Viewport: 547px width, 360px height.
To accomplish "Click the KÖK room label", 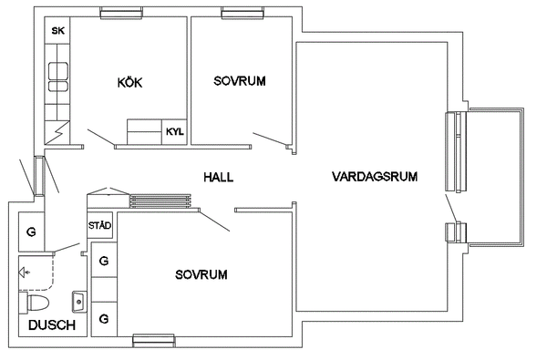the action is pyautogui.click(x=129, y=83).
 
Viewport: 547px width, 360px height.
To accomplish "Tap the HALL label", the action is pyautogui.click(x=219, y=177).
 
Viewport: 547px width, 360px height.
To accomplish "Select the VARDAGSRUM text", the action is pyautogui.click(x=375, y=177).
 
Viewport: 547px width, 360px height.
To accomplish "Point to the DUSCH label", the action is pyautogui.click(x=52, y=325).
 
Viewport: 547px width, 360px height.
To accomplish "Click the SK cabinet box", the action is pyautogui.click(x=57, y=30).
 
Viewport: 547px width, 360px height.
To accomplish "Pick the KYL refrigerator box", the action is pyautogui.click(x=174, y=132).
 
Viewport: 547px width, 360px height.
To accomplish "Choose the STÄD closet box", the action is pyautogui.click(x=99, y=225).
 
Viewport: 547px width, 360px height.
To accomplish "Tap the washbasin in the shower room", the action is pyautogui.click(x=79, y=302).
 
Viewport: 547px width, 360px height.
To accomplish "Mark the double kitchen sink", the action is pyautogui.click(x=58, y=77).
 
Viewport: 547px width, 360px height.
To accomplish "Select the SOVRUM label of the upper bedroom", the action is pyautogui.click(x=240, y=81).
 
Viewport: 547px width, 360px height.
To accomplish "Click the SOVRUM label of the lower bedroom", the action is pyautogui.click(x=201, y=274).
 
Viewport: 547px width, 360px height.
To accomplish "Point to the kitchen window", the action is pyautogui.click(x=121, y=13).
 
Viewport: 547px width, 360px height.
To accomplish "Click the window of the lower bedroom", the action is pyautogui.click(x=153, y=340).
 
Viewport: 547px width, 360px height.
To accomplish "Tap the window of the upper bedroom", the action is pyautogui.click(x=243, y=13).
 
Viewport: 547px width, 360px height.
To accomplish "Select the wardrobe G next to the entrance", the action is pyautogui.click(x=31, y=231).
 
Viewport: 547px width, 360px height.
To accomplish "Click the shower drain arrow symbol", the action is pyautogui.click(x=25, y=273).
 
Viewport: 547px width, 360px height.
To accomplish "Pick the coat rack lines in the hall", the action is pyautogui.click(x=160, y=201).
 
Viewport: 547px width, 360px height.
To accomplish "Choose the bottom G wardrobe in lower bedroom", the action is pyautogui.click(x=104, y=319).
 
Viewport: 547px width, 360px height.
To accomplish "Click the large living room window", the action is pyautogui.click(x=456, y=151).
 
